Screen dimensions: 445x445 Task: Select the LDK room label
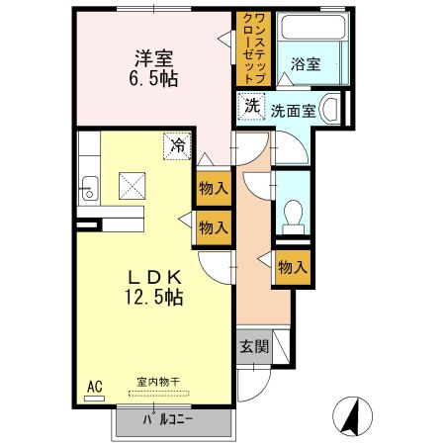(x=150, y=275)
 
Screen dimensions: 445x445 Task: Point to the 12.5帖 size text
(x=151, y=296)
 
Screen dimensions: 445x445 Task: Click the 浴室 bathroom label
(x=306, y=65)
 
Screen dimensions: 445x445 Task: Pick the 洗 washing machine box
(x=251, y=105)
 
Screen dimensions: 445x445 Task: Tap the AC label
(x=95, y=386)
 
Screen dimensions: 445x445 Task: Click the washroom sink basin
(x=332, y=108)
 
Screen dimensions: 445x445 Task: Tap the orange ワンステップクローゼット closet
(x=251, y=48)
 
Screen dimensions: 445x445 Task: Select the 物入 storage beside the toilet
(x=292, y=267)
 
